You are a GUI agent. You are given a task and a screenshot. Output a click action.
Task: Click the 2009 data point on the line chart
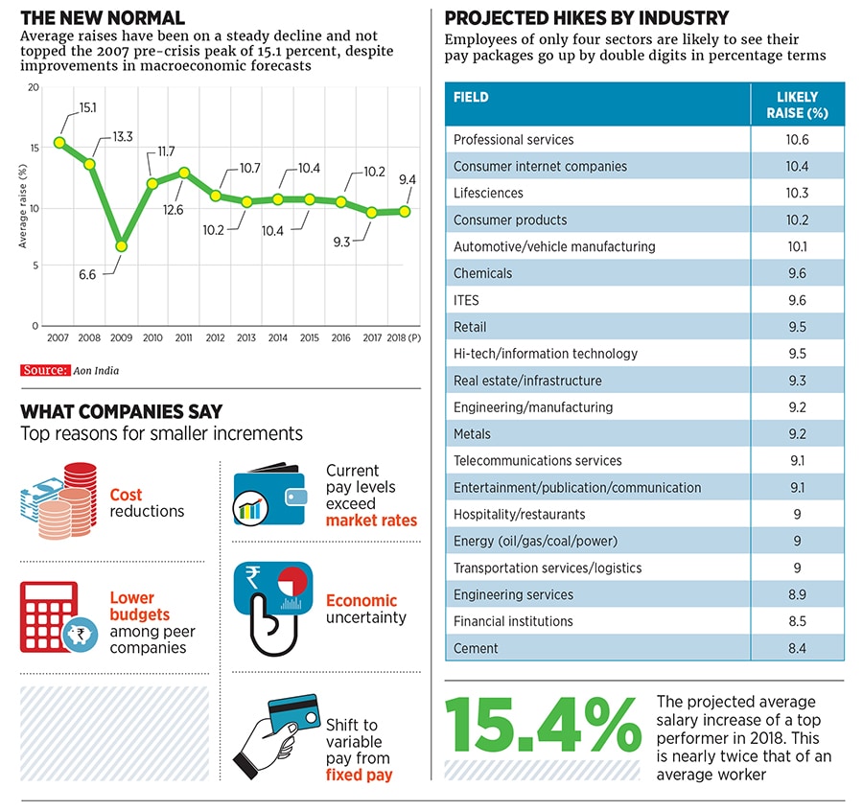point(121,246)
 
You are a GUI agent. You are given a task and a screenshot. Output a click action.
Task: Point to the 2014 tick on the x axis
point(278,337)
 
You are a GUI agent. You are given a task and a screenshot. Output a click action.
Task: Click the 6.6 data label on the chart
point(87,275)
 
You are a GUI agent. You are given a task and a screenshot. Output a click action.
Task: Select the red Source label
point(44,370)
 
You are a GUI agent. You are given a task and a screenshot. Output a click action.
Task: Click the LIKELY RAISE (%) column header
point(797,104)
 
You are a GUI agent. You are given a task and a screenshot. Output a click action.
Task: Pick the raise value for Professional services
point(797,140)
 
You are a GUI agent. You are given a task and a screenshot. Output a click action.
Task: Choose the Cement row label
point(476,649)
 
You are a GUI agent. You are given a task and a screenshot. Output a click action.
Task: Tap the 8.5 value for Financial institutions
point(797,622)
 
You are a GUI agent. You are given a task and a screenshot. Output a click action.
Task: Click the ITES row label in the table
point(466,300)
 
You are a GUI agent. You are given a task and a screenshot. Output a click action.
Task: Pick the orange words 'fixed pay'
point(359,776)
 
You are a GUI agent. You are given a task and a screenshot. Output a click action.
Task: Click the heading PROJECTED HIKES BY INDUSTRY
point(587,18)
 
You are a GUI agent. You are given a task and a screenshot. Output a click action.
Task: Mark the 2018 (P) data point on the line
point(405,211)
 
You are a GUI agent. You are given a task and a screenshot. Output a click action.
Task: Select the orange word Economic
point(362,601)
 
